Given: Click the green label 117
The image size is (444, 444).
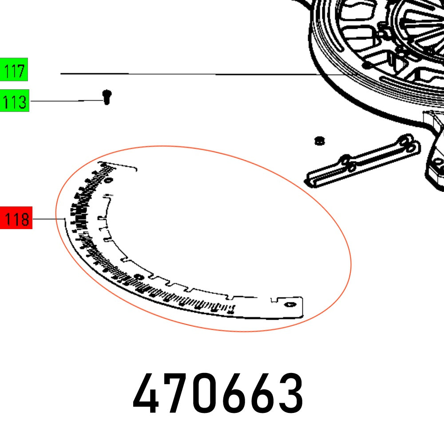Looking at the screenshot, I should coord(14,70).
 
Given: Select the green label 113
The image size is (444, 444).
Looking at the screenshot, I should coord(14,102).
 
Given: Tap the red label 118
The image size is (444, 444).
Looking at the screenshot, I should coord(16,219).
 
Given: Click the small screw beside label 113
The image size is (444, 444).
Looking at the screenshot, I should coord(107,96).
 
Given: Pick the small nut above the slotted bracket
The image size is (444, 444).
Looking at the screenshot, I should coord(318,141).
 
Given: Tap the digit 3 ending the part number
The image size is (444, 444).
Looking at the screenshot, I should coord(291,393).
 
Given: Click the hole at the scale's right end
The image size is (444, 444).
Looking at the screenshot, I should coord(290,305).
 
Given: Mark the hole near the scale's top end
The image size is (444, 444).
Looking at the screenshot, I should coord(110,180).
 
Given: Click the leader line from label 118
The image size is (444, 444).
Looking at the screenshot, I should coord(49,219).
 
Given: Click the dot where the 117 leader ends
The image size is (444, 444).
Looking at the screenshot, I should coord(366,65).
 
